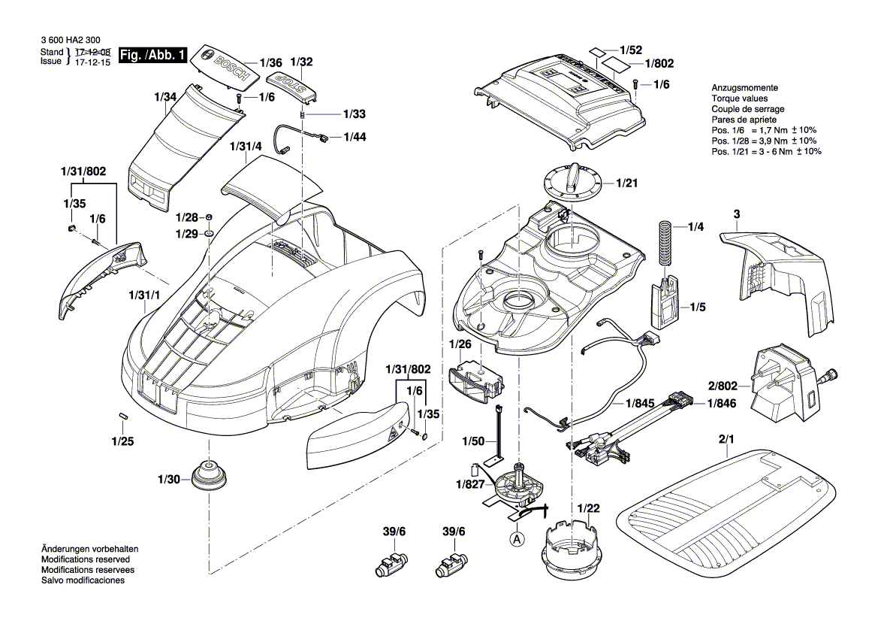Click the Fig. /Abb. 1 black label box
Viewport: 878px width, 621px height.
click(x=152, y=56)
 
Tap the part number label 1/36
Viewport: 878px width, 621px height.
click(x=270, y=63)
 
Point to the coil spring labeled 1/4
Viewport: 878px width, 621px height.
click(x=663, y=242)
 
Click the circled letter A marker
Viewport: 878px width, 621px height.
click(x=516, y=538)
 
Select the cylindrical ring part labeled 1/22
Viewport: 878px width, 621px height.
click(x=574, y=552)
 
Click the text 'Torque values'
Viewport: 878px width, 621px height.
click(x=739, y=98)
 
